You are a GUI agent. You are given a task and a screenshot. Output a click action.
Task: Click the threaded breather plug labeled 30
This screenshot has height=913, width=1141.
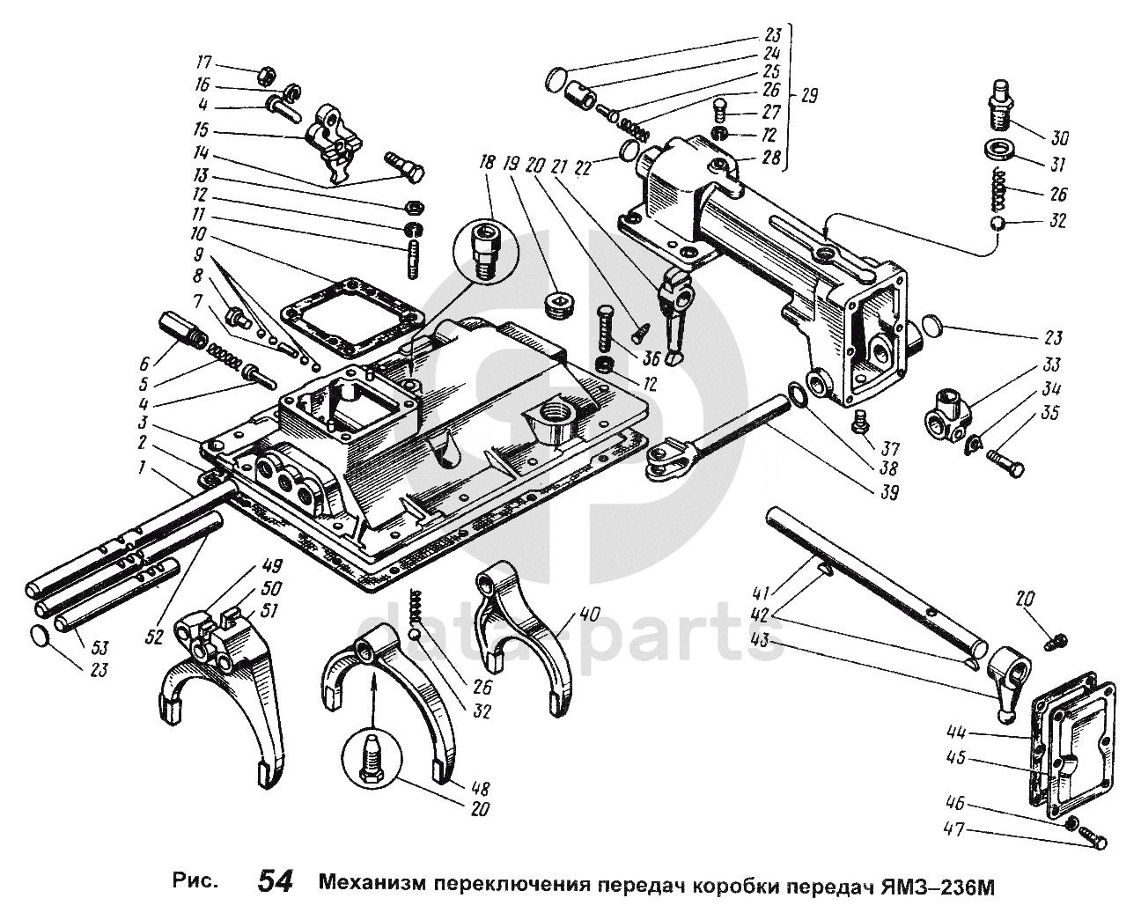point(999,102)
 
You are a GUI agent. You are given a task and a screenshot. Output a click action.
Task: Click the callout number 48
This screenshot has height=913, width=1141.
point(480,789)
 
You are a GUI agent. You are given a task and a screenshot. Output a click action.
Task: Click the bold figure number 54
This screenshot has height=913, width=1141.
point(276,880)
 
